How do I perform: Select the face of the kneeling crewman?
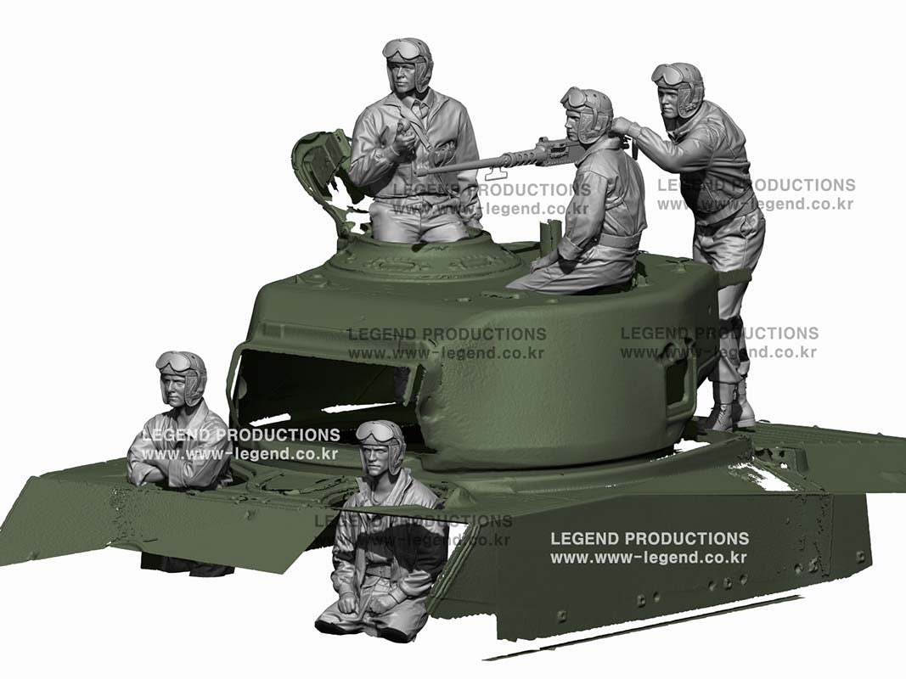(378, 459)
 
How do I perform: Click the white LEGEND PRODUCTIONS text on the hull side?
(650, 539)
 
